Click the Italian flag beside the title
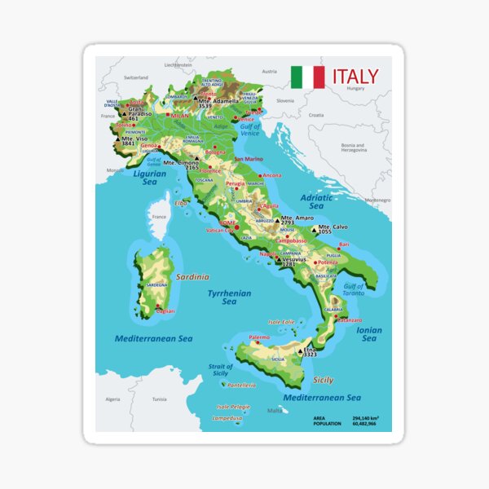coord(307,77)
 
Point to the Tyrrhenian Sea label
coord(228,297)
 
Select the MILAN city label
coord(180,117)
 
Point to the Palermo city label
coord(259,337)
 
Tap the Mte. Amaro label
coord(297,218)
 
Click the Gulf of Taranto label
coord(351,290)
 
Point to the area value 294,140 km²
coord(368,417)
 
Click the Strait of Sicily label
coord(219,369)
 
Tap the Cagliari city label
coord(166,311)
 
